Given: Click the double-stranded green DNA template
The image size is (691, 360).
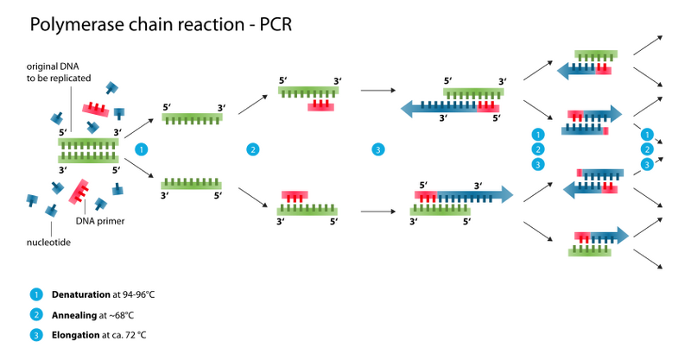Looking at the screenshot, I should click(x=87, y=149).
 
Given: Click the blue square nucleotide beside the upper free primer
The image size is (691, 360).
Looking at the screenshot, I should click(x=119, y=111).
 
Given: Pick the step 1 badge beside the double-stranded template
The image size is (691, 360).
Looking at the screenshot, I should click(x=142, y=149).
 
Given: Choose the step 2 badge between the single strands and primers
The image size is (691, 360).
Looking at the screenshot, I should click(x=252, y=149).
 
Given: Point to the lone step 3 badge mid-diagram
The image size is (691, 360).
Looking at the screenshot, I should click(x=377, y=149).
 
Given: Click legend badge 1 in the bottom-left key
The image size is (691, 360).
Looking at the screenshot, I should click(x=36, y=294).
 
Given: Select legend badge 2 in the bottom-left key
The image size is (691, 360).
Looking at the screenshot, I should click(x=36, y=314).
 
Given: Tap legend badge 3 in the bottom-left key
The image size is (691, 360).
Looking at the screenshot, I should click(x=36, y=335).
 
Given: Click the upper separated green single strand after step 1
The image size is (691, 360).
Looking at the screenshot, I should click(x=193, y=117).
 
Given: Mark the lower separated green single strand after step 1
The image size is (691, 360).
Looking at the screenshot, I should click(x=192, y=183).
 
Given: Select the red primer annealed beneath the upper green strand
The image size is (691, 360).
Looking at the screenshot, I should click(x=320, y=107).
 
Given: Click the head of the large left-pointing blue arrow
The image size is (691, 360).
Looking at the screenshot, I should click(x=408, y=109).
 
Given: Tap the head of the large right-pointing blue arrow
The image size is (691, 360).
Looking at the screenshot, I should click(x=504, y=194).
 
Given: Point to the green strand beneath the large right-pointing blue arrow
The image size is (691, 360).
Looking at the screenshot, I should click(x=440, y=210).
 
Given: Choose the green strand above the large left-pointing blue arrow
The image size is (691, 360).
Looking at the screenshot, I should click(x=473, y=92).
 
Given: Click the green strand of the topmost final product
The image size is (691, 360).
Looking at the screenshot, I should click(x=596, y=54).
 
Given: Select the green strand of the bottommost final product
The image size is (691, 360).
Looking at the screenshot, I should click(x=590, y=252).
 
